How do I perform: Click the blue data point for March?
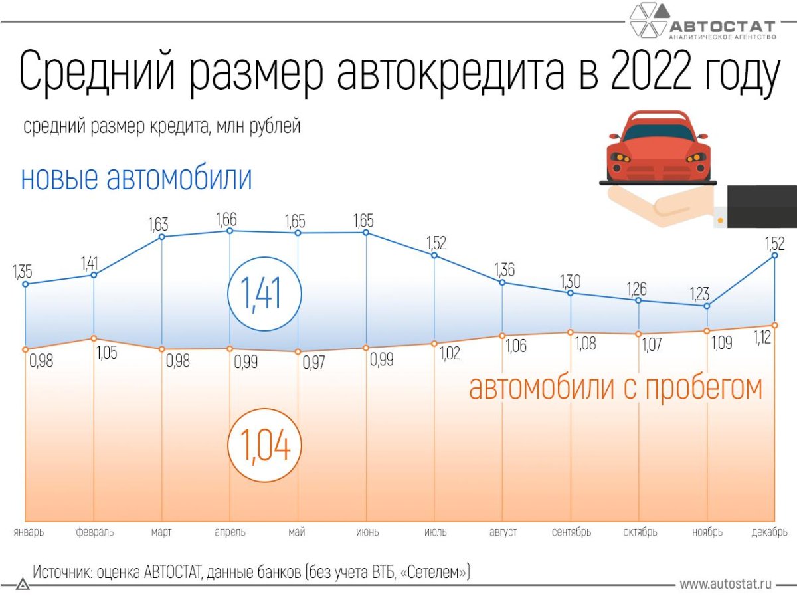(161, 237)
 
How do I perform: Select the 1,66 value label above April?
(226, 219)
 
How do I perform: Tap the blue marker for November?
(707, 306)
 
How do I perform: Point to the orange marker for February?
(94, 338)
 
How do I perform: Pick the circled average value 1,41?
(264, 294)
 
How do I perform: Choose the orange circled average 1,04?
(264, 445)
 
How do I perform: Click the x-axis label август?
(503, 532)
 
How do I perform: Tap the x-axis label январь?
(29, 532)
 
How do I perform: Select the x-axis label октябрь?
(640, 532)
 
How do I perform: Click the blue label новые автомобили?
(137, 179)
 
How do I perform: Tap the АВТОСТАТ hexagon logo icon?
(649, 20)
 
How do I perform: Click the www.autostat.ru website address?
(725, 585)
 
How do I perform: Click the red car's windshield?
(658, 131)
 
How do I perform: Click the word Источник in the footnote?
(60, 572)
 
